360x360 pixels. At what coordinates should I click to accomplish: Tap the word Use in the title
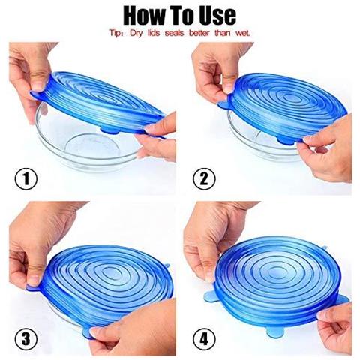point(214,14)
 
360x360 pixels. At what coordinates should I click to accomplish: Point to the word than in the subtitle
point(219,34)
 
